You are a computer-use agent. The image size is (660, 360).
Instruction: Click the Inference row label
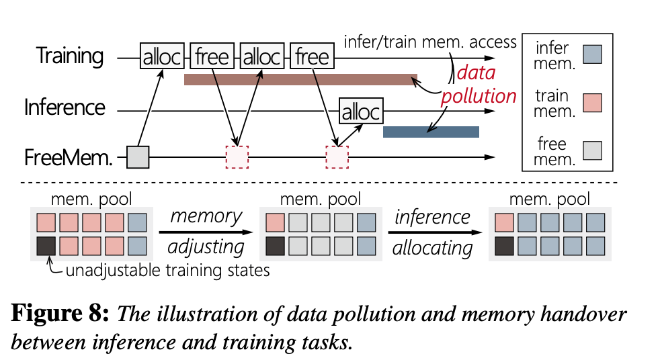(x=65, y=107)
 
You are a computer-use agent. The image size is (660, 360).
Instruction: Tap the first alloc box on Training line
(x=161, y=57)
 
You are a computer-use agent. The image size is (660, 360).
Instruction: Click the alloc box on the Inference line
(x=360, y=111)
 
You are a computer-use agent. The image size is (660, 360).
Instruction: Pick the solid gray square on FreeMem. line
(x=137, y=157)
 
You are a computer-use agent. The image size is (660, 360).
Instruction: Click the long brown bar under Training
(x=300, y=80)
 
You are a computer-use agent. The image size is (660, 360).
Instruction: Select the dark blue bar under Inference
(x=431, y=132)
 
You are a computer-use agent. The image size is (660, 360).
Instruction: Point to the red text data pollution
(x=478, y=85)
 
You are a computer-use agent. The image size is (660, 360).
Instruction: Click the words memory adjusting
(x=206, y=231)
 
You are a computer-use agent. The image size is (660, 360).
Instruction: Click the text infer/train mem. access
(x=430, y=42)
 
